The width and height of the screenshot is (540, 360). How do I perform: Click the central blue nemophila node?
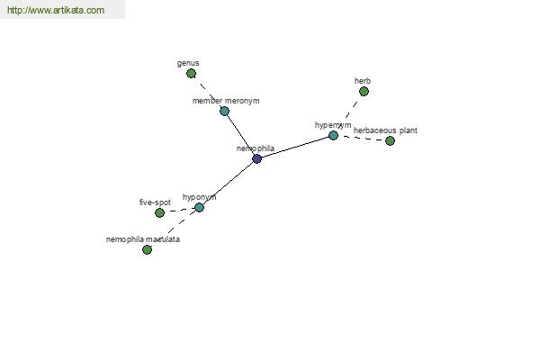pos(256,158)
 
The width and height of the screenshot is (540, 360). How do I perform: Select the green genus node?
pos(191,74)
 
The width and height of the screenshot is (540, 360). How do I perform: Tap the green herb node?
pos(364,91)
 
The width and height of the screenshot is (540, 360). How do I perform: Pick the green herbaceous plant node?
pos(390,140)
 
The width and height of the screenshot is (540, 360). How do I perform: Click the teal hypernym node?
pos(333,135)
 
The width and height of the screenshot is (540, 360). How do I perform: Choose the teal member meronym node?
pos(224,111)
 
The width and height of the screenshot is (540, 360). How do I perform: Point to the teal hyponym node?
pos(200,207)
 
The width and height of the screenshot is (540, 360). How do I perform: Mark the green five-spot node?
pos(159,213)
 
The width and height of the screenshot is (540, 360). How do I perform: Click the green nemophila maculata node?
pos(147,249)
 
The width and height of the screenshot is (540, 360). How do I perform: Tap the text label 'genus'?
pos(188,63)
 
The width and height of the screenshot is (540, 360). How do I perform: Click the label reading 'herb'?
pos(363,81)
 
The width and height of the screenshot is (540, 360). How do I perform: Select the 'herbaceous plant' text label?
pos(385,130)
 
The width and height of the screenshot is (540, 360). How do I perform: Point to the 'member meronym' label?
pos(226,101)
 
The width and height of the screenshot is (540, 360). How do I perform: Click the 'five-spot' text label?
pos(155,202)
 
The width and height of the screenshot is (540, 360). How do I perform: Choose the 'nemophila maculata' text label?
pos(143,239)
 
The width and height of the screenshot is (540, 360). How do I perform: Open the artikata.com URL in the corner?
pos(56,10)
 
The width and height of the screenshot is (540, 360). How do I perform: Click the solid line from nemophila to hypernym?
pos(295,147)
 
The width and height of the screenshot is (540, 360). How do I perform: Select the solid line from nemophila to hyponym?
pos(229,183)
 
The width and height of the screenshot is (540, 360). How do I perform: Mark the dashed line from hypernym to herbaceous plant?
pos(362,138)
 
